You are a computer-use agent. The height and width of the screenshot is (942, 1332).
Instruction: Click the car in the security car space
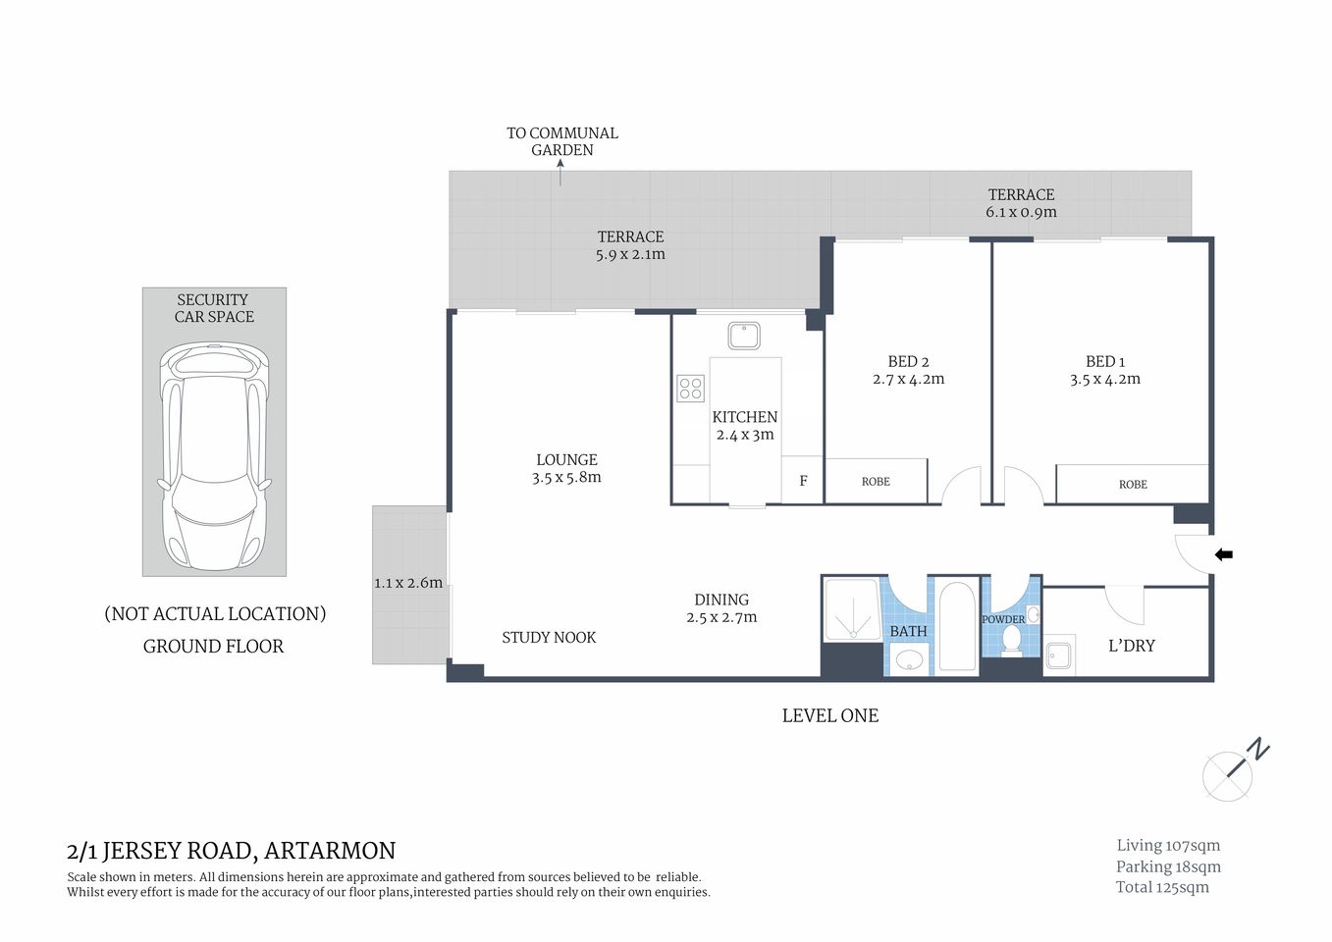point(214,456)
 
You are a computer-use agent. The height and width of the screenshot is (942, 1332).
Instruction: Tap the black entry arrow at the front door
point(1223,554)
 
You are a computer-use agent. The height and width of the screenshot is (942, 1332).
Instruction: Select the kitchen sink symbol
point(744,336)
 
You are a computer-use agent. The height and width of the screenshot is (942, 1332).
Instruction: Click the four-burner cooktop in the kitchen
point(690,389)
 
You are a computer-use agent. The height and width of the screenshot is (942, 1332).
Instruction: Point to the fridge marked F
point(803,481)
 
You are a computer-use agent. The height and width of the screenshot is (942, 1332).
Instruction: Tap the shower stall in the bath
point(852,610)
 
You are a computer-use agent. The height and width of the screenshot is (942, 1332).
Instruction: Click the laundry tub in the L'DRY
point(1058,655)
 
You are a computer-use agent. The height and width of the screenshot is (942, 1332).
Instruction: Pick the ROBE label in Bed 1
point(1133,485)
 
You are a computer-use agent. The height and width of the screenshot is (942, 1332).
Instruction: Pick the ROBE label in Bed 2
point(876,482)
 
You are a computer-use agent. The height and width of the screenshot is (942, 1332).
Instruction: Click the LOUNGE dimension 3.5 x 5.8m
point(566,478)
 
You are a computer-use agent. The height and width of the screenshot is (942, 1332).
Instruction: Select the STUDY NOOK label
point(549,638)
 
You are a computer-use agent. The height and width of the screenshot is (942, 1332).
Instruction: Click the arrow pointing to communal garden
point(560,173)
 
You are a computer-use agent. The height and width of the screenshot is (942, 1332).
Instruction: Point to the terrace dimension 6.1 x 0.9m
point(1021,212)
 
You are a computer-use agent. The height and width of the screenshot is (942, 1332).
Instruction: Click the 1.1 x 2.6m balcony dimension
point(408,583)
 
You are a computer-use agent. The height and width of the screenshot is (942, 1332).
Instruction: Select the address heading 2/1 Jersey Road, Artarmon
point(231,851)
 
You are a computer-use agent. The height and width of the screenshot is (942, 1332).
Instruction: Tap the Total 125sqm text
point(1162,887)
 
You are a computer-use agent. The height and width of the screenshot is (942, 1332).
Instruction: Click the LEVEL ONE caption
point(829,716)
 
